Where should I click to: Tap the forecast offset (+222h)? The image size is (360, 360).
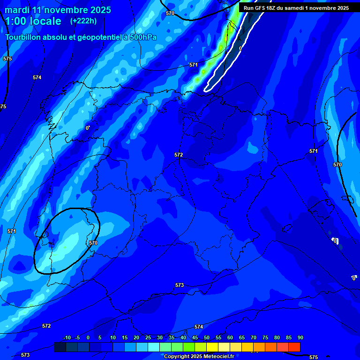click(x=83, y=21)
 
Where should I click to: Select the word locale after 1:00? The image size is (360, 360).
click(x=45, y=21)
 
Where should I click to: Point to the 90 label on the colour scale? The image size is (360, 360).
click(x=300, y=338)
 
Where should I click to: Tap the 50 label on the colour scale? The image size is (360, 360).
click(x=206, y=338)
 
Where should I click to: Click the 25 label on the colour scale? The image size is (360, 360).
click(x=148, y=338)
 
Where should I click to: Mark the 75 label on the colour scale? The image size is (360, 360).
click(x=265, y=338)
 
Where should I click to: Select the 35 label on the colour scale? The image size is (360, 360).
click(x=171, y=338)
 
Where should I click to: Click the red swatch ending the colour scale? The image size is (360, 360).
click(x=294, y=347)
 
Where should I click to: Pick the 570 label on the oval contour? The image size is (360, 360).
click(x=93, y=243)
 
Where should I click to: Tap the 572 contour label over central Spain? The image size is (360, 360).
click(x=179, y=155)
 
